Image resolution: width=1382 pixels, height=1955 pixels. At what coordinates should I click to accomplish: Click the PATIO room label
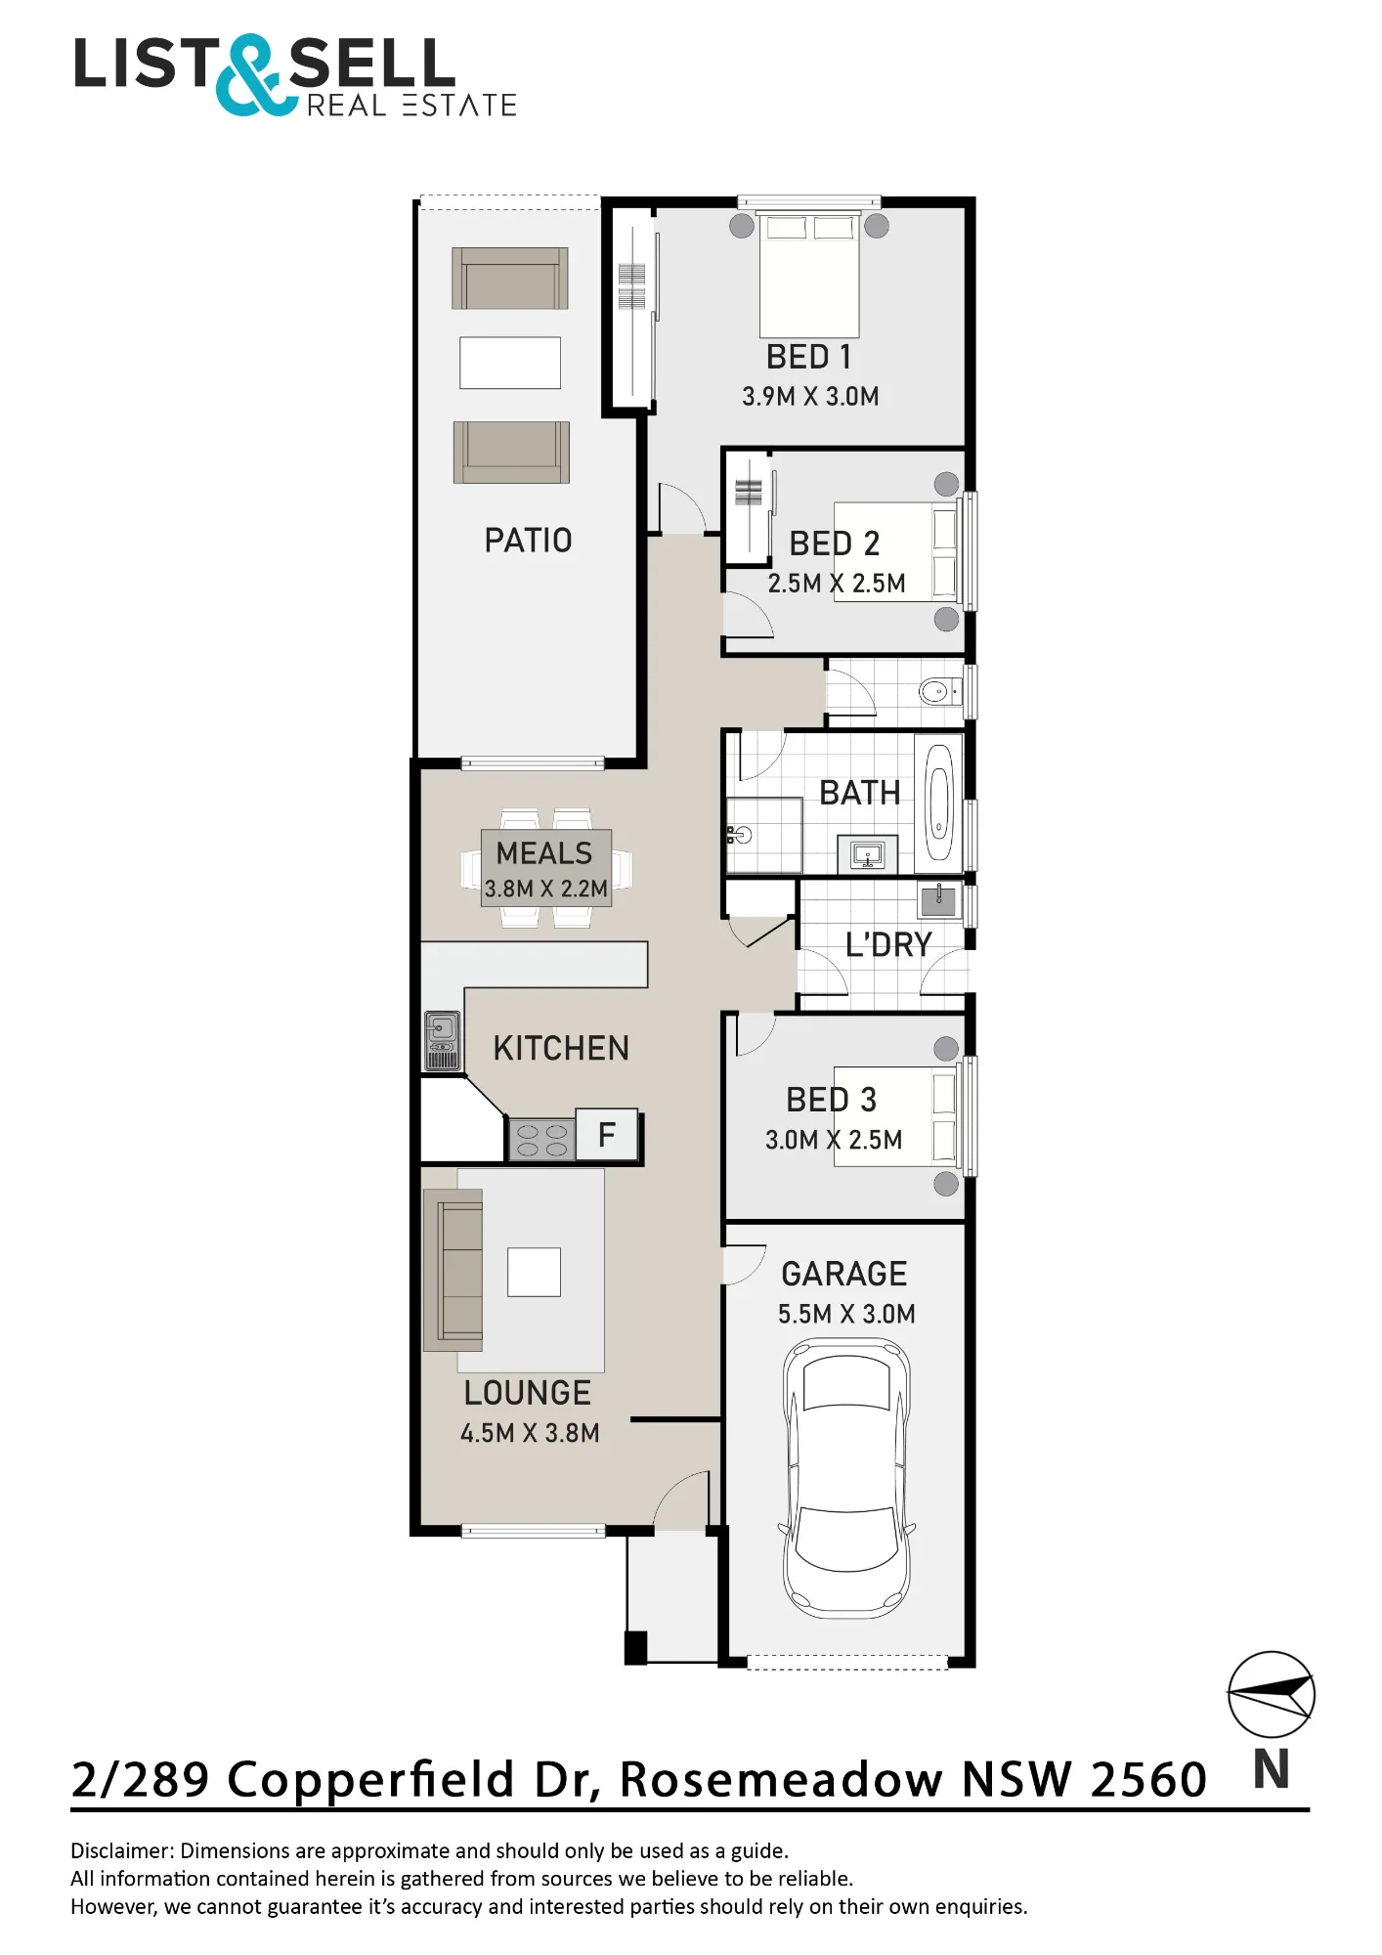click(528, 540)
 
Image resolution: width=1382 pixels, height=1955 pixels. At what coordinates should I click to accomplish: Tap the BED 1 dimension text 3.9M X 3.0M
click(810, 396)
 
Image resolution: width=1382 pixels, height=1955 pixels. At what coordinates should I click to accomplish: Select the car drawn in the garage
click(846, 1478)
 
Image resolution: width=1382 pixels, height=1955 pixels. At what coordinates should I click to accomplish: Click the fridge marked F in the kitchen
click(607, 1134)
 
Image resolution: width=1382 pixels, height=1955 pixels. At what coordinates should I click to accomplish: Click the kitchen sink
click(442, 1041)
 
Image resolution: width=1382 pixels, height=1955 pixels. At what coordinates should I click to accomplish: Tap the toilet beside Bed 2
click(940, 692)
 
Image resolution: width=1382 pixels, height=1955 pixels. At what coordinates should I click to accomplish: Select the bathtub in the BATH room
click(938, 804)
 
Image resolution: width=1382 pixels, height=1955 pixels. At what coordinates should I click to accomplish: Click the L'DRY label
click(888, 944)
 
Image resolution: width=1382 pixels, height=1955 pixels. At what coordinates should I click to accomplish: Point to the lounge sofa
click(453, 1270)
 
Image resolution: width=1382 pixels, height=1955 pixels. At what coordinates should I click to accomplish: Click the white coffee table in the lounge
click(534, 1272)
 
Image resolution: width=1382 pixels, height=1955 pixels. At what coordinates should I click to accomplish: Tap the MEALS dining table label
click(544, 852)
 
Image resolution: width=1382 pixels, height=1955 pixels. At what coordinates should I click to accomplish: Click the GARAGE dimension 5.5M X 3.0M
click(846, 1314)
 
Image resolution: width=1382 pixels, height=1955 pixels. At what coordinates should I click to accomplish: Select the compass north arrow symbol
click(1272, 1695)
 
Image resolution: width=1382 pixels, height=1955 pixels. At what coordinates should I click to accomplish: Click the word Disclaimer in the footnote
click(121, 1850)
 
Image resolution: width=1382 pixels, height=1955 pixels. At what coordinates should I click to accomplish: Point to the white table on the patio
click(510, 363)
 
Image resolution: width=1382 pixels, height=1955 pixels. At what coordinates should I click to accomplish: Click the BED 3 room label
click(832, 1100)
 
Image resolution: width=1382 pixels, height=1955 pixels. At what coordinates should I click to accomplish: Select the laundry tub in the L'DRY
click(939, 897)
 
